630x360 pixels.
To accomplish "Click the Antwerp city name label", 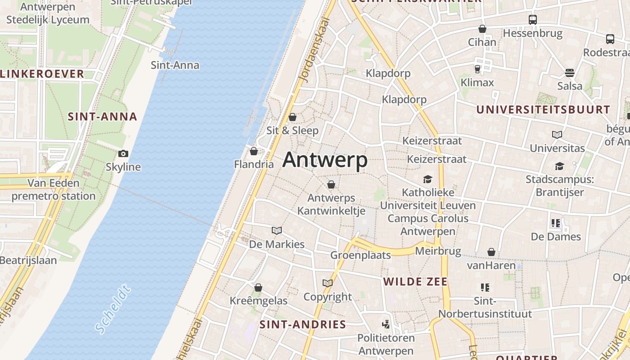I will point(325,160).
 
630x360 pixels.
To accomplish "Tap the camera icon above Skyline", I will point(123,154).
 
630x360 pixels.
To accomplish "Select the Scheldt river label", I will point(113,309).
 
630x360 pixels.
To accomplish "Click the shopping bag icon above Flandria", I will point(254,151).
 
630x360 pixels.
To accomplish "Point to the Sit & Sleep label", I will point(292,130).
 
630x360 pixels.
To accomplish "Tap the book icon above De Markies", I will point(277,231).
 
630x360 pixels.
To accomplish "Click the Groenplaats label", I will point(360,255).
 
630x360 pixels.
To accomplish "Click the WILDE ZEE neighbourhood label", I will point(415,282).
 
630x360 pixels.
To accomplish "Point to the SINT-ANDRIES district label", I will point(303,324).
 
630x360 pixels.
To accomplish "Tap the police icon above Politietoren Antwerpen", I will point(386,324).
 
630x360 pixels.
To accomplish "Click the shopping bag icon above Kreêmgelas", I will point(258,288).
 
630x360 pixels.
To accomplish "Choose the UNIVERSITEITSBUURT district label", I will point(543,109).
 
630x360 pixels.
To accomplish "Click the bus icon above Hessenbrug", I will point(533,20).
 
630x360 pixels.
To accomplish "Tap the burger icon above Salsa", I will point(570,73).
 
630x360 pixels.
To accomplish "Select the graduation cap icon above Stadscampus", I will point(559,166).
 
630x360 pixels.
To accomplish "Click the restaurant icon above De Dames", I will point(555,223).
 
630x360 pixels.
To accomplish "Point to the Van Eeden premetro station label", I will point(54,189).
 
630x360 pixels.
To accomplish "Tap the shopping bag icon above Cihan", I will point(482,29).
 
